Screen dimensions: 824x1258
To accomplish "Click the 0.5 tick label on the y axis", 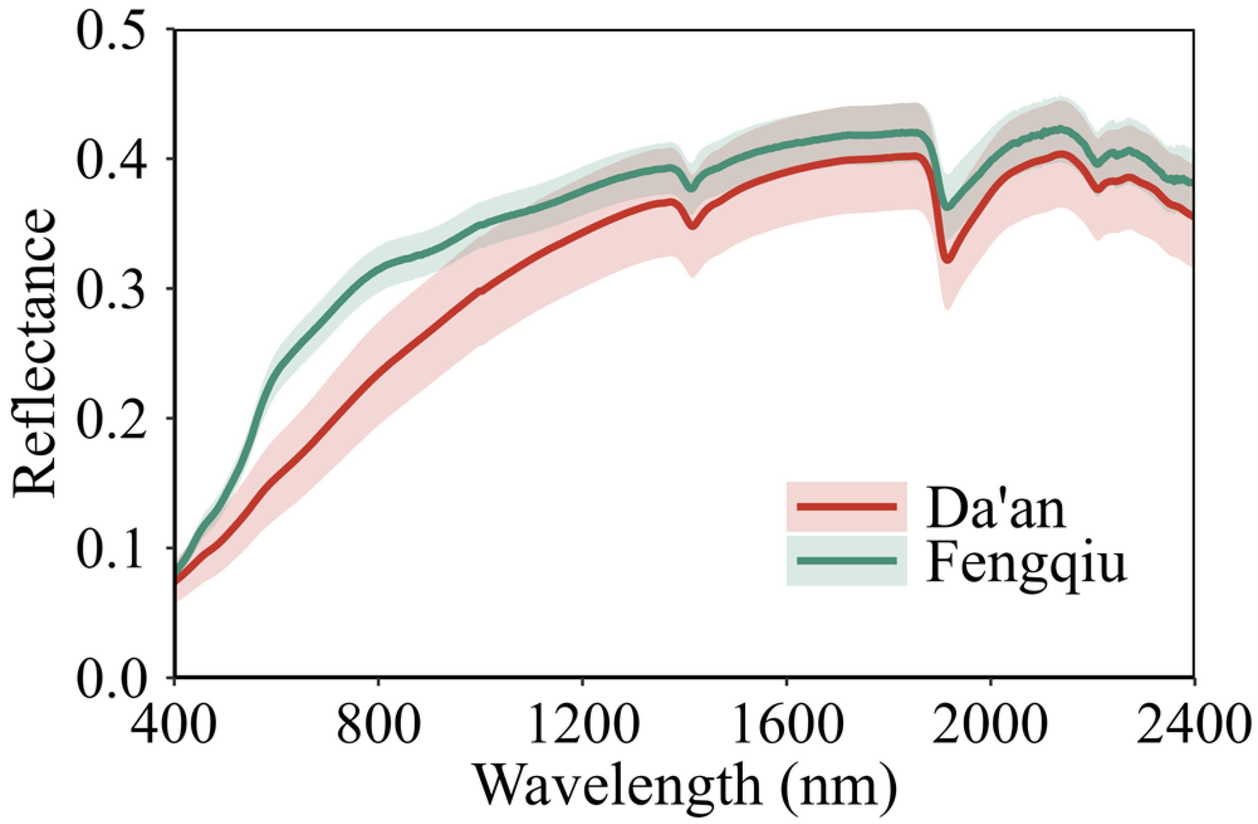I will point(111,30).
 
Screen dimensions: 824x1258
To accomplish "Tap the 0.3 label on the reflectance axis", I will point(111,289).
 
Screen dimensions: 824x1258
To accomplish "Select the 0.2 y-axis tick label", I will point(111,418).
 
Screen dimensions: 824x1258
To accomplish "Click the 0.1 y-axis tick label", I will point(111,548).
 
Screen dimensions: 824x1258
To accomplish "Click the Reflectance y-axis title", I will point(34,353).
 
